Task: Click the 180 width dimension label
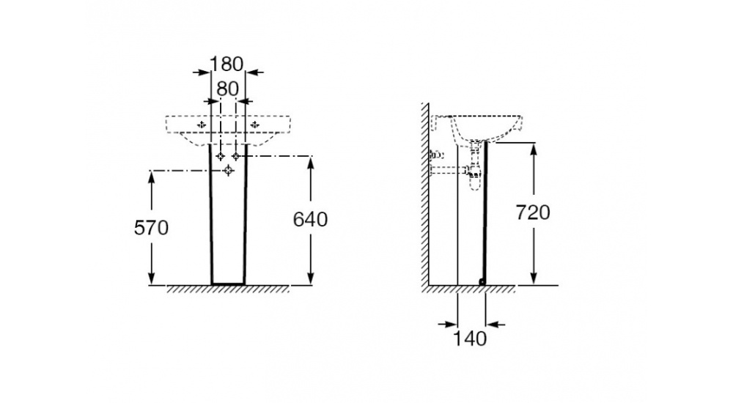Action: click(226, 64)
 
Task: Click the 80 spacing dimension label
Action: click(227, 88)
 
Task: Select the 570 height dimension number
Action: click(152, 227)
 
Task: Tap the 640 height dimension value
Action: click(310, 219)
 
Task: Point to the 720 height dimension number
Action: click(533, 212)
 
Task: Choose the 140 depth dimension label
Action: click(470, 339)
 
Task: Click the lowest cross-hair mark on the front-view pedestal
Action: click(229, 171)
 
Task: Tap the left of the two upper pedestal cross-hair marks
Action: click(221, 156)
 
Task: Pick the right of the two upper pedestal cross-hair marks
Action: click(236, 156)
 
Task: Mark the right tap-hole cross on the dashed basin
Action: click(254, 125)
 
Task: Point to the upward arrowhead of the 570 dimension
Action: click(152, 176)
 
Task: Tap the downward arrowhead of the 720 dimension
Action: click(533, 278)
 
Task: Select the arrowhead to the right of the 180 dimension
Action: click(251, 72)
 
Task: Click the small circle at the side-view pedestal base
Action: click(482, 281)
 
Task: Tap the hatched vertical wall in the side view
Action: click(424, 198)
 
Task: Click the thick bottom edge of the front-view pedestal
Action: click(228, 284)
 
